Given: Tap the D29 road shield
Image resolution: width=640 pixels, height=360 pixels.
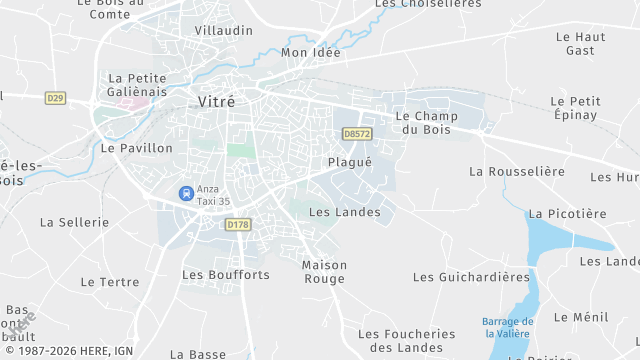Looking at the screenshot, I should coord(55,97).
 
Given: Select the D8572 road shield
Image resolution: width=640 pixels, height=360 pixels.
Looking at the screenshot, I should coord(356,133).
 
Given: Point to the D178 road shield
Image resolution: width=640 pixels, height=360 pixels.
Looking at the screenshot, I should coord(237,225).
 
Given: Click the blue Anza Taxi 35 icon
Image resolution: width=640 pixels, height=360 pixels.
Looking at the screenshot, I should coord(185,193).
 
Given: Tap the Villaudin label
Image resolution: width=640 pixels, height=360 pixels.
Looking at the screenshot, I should coord(223,31).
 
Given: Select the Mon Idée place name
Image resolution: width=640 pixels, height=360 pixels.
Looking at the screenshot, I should coord(312,52).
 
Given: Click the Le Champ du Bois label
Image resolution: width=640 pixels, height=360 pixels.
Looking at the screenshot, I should coord(425,122).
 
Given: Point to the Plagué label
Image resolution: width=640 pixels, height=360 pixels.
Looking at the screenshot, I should coord(349,162).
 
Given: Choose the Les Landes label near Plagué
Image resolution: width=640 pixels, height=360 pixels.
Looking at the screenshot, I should coord(345,212).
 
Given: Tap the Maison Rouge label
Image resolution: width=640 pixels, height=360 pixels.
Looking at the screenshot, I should coord(324,272).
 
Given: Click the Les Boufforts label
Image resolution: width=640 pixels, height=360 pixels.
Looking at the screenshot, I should coord(225,274).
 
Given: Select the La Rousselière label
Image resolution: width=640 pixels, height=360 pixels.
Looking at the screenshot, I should coord(517,171).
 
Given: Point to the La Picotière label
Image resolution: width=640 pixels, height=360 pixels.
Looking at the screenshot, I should coord(567,213).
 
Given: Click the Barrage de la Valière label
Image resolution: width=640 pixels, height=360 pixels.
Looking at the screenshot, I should coord(507,328).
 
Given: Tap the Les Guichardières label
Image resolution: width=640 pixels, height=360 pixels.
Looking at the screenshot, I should coord(471,276).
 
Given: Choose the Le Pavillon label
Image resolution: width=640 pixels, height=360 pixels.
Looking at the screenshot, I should coord(137,147).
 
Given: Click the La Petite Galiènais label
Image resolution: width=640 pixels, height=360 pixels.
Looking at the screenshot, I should coord(137,85).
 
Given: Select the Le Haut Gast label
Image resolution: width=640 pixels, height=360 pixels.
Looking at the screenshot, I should coord(580,43).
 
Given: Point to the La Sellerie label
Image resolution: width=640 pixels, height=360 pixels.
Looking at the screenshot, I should coord(74,222).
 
